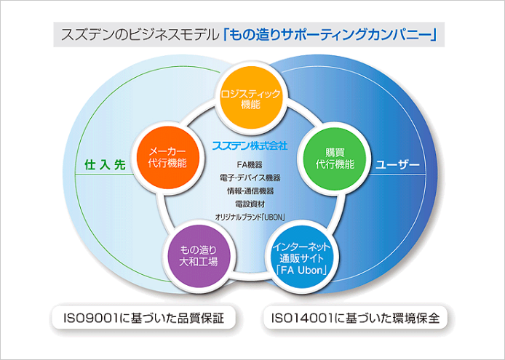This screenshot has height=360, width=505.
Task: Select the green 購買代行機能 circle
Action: pos(330,159)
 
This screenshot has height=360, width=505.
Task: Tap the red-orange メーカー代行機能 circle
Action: pos(168,158)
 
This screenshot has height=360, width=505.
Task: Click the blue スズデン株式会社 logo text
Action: pos(250,145)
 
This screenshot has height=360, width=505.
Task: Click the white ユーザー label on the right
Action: pos(398,165)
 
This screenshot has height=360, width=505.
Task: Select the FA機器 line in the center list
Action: pos(250,164)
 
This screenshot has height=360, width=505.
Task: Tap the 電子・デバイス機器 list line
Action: pos(250,177)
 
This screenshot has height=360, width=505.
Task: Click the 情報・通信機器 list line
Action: pos(250,191)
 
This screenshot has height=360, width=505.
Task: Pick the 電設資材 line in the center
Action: pos(250,204)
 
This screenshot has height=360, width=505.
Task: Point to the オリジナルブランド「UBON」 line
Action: pos(250,217)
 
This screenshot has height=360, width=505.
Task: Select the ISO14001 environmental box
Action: pos(357,318)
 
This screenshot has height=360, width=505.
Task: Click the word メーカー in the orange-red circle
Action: pos(168,151)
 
